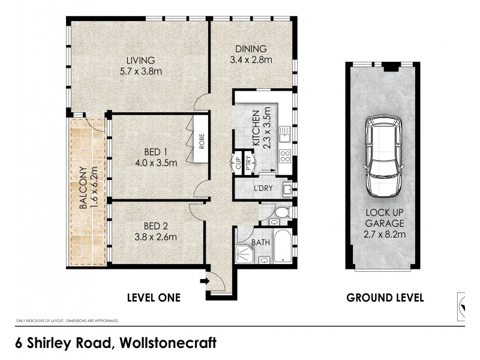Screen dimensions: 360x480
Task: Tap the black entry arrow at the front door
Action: (x=205, y=280)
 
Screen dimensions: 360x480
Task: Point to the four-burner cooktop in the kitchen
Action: (x=286, y=157)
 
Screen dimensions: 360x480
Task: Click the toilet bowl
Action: (x=280, y=212)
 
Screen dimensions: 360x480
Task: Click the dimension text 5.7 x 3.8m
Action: (x=140, y=71)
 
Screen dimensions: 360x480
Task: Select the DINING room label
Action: (x=251, y=49)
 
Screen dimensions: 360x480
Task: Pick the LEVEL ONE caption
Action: (x=154, y=297)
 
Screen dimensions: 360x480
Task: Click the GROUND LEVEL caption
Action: (x=385, y=297)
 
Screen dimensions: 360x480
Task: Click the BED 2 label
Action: (x=155, y=226)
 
